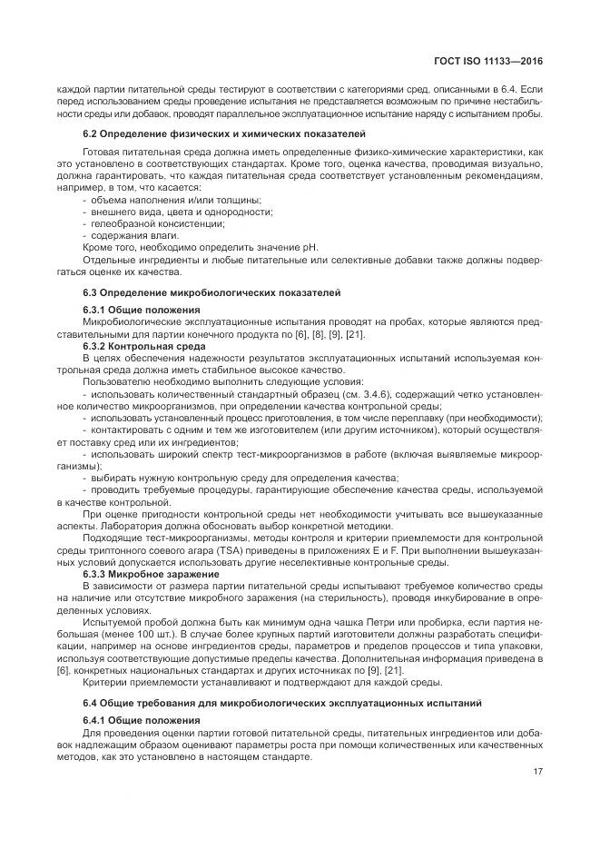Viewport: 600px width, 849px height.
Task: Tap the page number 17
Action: pyautogui.click(x=537, y=772)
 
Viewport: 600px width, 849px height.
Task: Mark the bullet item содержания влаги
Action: pyautogui.click(x=133, y=234)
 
